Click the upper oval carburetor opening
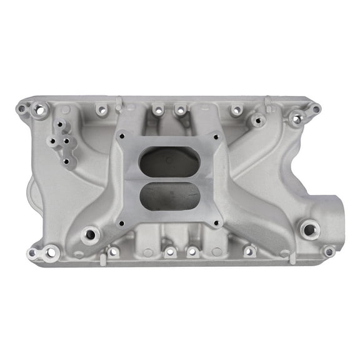[169, 162]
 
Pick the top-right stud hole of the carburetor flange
[216, 136]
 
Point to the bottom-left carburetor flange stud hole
[122, 222]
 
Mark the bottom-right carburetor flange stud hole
[216, 222]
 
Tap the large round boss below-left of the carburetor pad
[91, 235]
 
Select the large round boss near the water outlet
[309, 229]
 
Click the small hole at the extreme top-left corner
[22, 108]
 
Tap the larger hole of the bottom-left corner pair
[51, 253]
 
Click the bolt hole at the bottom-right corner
[328, 251]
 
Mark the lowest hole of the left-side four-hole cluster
[67, 162]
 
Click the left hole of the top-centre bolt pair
[159, 111]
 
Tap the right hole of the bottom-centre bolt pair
[192, 252]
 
